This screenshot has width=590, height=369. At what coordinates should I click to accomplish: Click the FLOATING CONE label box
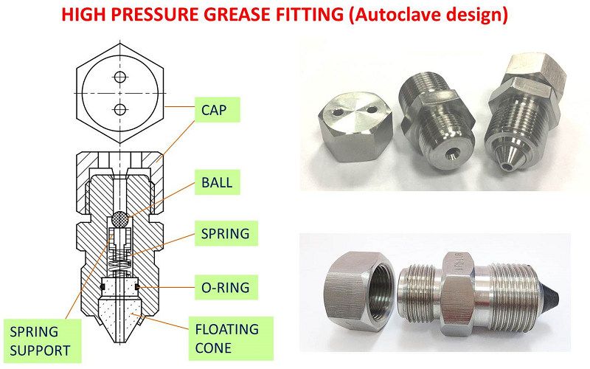[231, 337]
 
